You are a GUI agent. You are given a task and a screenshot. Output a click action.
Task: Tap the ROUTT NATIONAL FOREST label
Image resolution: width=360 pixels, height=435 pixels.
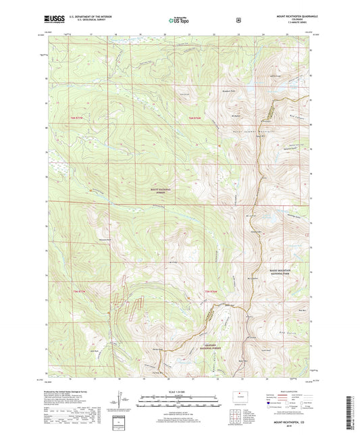pos(162,193)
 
